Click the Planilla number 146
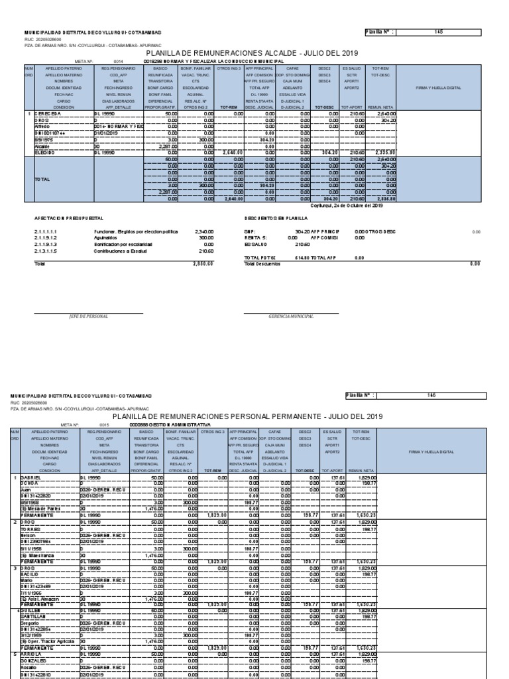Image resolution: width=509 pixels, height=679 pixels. point(431,396)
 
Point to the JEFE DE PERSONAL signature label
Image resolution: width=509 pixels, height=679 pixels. point(88,316)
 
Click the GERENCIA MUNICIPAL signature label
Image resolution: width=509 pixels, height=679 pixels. point(291,316)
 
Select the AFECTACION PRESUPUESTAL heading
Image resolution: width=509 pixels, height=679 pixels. point(68,217)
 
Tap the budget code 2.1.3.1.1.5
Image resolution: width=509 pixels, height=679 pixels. point(46,251)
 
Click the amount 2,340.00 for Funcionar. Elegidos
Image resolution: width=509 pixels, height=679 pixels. point(203,231)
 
